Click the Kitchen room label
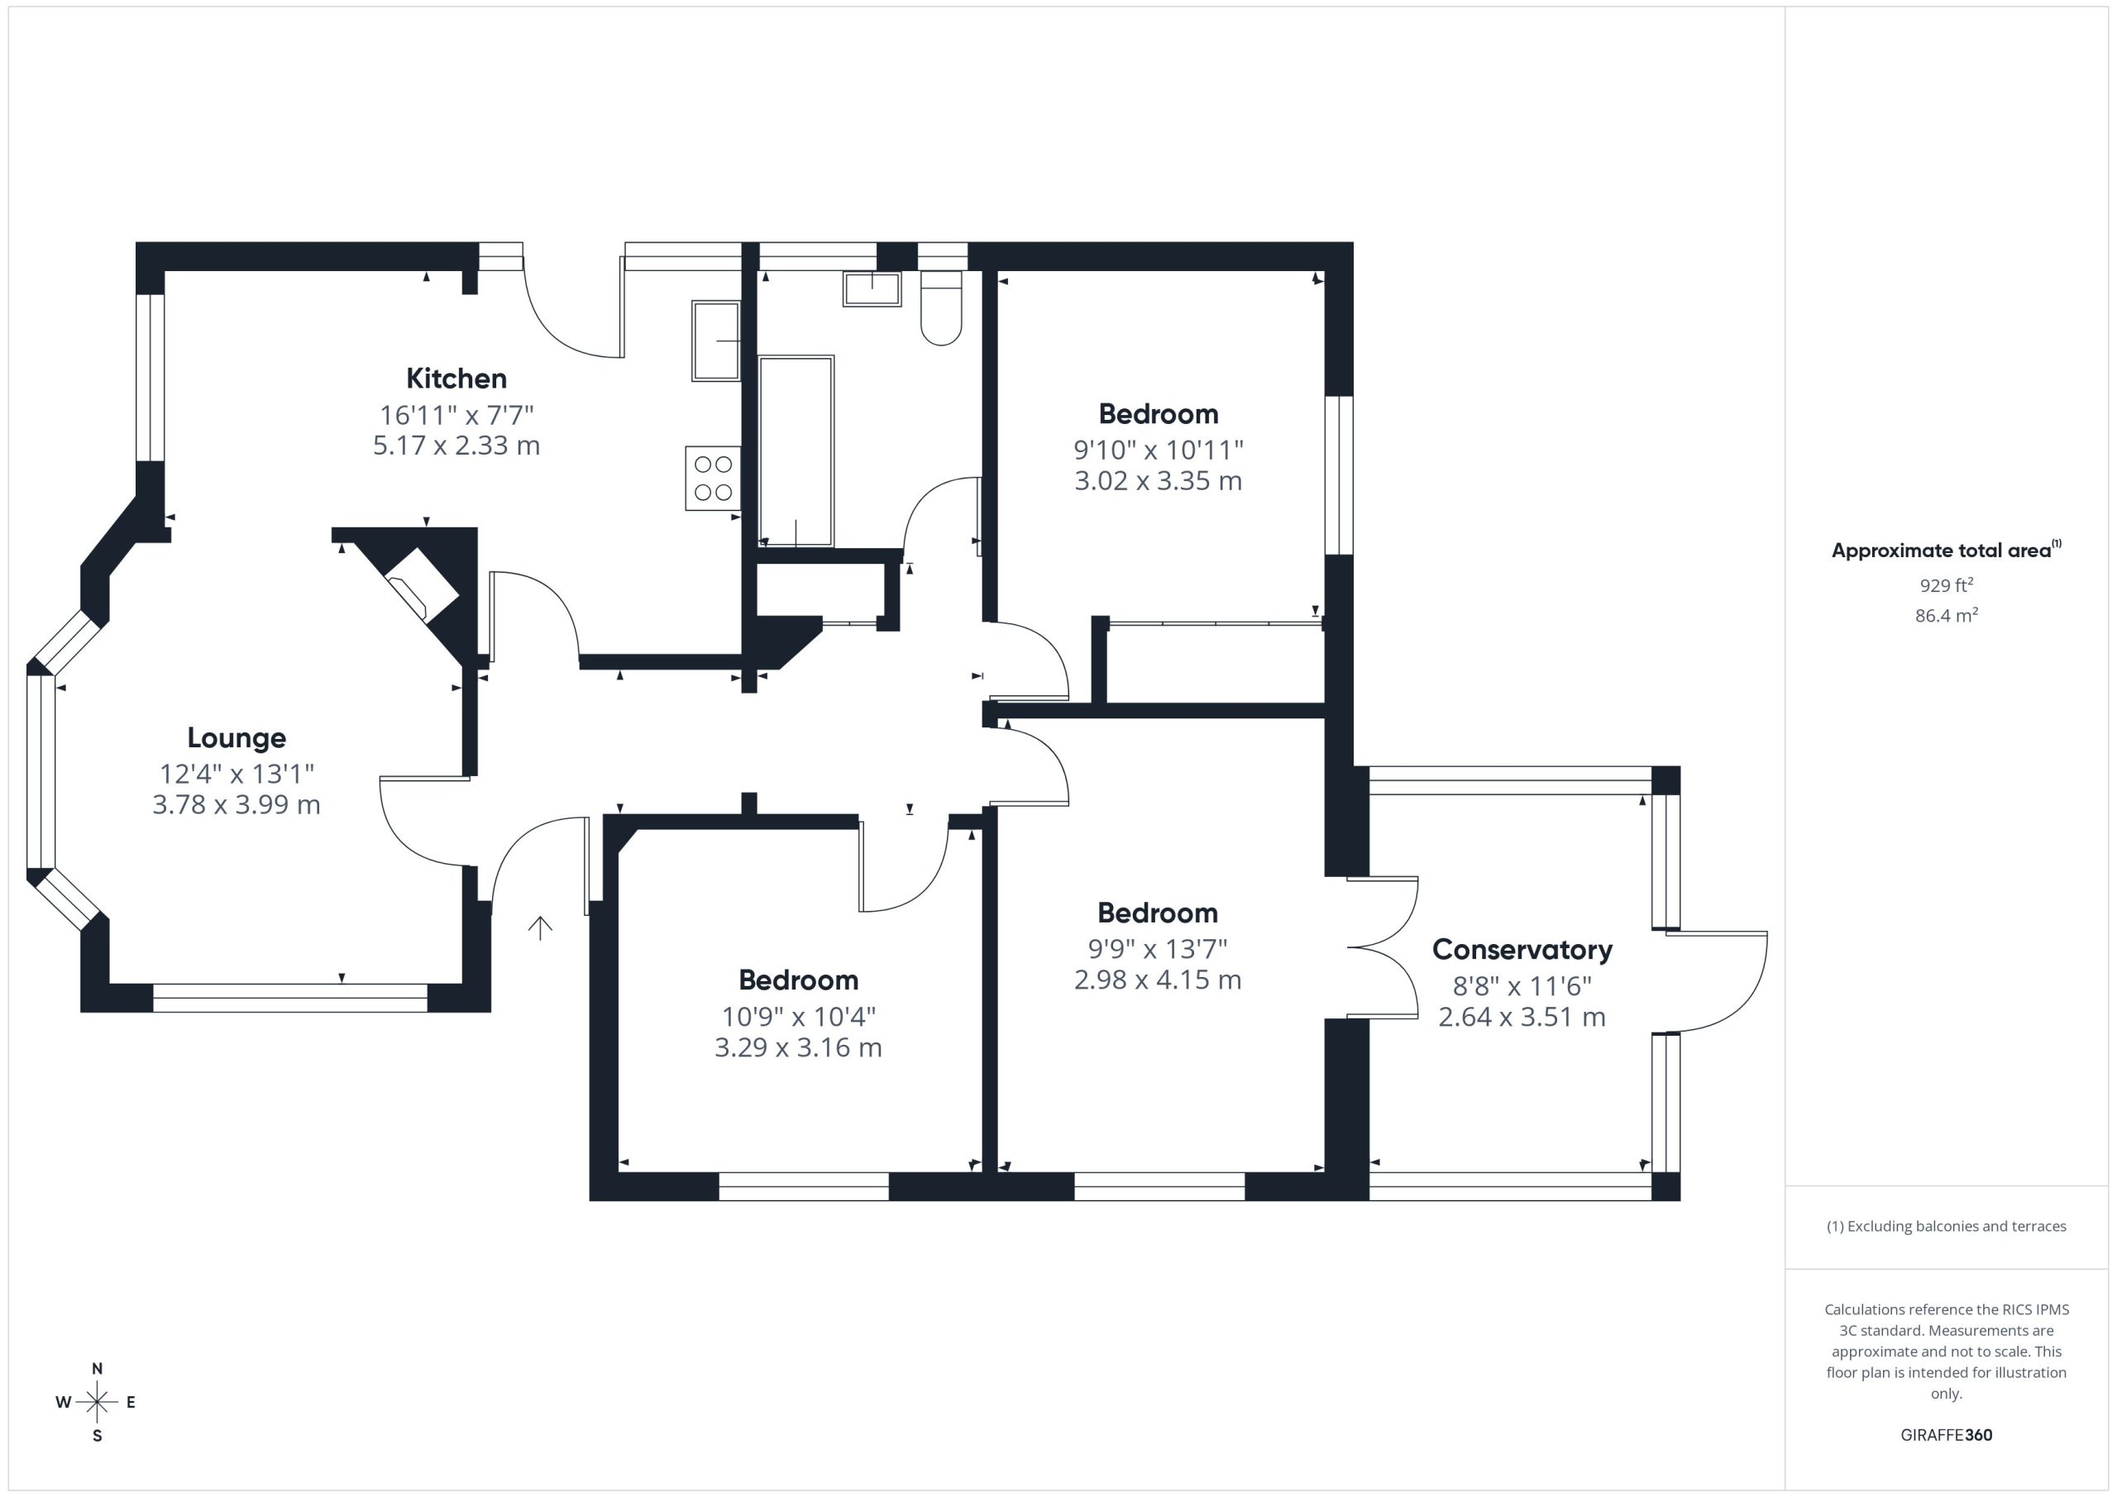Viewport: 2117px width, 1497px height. tap(456, 378)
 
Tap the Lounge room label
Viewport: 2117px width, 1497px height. tap(237, 737)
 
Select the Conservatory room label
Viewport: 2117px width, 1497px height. tap(1522, 950)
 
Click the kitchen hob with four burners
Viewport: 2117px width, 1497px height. tap(713, 478)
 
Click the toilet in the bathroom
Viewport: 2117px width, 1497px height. tap(941, 308)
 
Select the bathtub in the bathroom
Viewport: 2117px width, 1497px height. tap(796, 451)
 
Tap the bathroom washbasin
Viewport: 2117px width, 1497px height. tap(872, 288)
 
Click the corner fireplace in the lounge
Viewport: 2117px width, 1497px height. tap(420, 584)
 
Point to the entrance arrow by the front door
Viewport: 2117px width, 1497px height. tap(540, 928)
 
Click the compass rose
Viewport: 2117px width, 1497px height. tap(97, 1402)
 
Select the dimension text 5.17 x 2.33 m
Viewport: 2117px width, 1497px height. tap(456, 446)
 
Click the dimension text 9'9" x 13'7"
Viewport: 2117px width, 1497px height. tap(1158, 948)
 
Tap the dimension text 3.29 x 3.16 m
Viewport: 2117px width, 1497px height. tap(799, 1047)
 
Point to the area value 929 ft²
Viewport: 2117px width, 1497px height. tap(1947, 585)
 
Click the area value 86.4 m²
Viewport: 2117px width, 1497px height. tap(1947, 615)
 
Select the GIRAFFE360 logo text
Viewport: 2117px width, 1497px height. tap(1947, 1434)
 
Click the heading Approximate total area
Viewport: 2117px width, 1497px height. tap(1941, 551)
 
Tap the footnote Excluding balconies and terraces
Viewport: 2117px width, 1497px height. tap(1957, 1226)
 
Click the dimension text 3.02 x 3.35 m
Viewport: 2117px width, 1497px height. tap(1158, 480)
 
